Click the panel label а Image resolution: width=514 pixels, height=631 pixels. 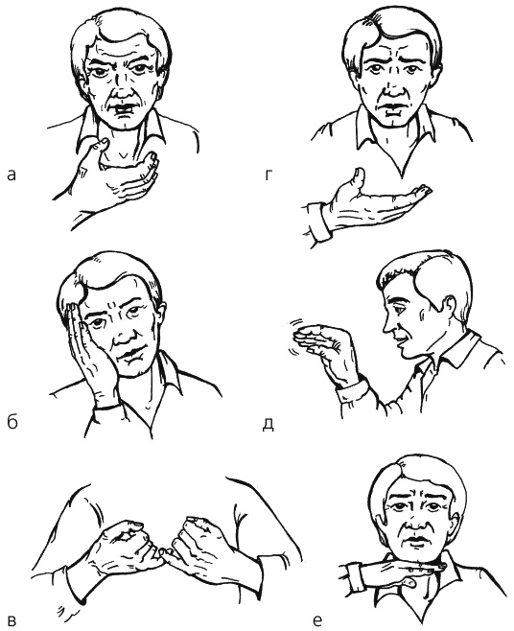pyautogui.click(x=12, y=175)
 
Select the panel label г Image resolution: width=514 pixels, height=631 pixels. pyautogui.click(x=269, y=175)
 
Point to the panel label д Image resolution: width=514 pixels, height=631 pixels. pyautogui.click(x=269, y=424)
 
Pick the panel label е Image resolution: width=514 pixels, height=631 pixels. pyautogui.click(x=317, y=621)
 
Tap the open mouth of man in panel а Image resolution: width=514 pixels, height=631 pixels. pyautogui.click(x=123, y=109)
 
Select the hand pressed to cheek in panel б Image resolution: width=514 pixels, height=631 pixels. pyautogui.click(x=87, y=350)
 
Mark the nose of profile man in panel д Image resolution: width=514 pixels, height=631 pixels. pyautogui.click(x=388, y=325)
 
